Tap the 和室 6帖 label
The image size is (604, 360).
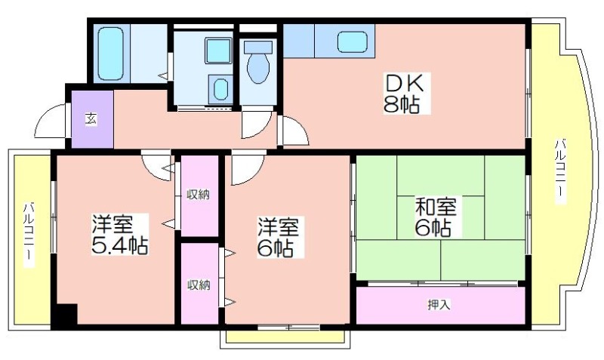(435, 217)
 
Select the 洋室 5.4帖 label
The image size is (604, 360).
(119, 234)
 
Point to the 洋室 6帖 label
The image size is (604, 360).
(278, 237)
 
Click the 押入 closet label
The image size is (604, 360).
(439, 305)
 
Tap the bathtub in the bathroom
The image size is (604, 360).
(110, 54)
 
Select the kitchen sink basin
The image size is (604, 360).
(352, 42)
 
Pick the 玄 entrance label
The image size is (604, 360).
(91, 119)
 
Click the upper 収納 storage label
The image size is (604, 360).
(199, 195)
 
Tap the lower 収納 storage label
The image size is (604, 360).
(199, 285)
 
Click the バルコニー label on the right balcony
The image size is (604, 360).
(560, 173)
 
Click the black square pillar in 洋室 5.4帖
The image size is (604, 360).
(66, 314)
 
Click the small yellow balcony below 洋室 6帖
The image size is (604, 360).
(285, 336)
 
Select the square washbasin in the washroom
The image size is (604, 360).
(218, 51)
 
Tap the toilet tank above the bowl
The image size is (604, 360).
(258, 47)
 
